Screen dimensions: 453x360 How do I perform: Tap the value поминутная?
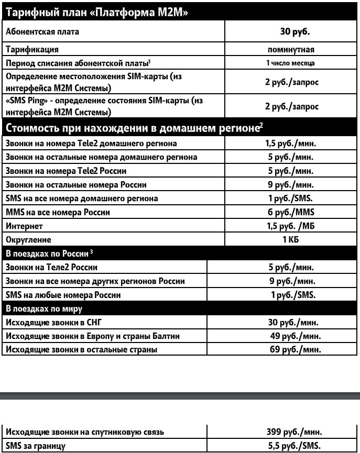291,50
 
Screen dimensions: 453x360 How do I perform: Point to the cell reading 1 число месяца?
291,63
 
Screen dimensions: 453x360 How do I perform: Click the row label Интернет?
24,226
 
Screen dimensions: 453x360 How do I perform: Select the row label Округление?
28,240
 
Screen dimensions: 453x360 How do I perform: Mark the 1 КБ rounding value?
291,240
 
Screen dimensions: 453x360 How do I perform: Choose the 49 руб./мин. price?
295,336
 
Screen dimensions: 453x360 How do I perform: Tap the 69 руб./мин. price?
295,349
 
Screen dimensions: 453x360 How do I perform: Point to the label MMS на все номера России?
57,213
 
